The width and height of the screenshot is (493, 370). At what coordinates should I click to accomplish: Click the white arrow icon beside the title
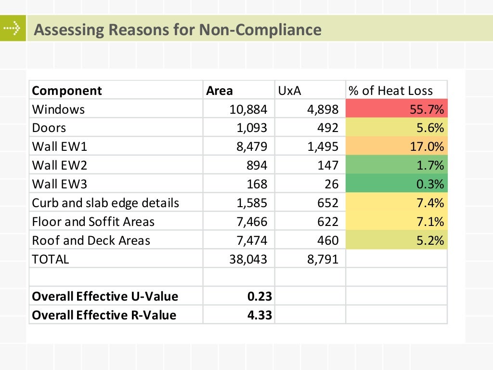tap(13, 28)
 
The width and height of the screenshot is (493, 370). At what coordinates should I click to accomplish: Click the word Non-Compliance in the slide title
tap(260, 30)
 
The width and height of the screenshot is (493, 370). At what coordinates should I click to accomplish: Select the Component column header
tap(67, 91)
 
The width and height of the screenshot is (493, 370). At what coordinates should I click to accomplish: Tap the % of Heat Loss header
tap(390, 91)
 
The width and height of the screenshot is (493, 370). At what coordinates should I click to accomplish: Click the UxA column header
tap(289, 91)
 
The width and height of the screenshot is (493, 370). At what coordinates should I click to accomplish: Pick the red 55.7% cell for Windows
tap(396, 109)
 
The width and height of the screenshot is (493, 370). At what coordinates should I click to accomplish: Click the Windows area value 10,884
tap(248, 109)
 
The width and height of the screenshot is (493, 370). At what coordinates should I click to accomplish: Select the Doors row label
tap(49, 128)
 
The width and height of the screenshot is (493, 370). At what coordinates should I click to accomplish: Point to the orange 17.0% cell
tap(396, 147)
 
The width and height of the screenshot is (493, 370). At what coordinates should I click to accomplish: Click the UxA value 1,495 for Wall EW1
tap(323, 147)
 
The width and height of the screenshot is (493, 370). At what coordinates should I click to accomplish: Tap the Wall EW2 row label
tap(59, 166)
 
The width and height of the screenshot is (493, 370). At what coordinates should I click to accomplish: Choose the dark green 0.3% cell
tap(396, 185)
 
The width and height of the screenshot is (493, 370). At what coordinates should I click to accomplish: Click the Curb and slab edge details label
tap(105, 203)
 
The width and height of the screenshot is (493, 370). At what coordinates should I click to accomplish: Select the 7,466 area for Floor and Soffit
tap(251, 222)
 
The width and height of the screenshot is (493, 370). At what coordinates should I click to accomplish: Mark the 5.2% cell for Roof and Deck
tap(396, 241)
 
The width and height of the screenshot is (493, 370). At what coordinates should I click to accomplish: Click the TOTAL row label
tap(51, 260)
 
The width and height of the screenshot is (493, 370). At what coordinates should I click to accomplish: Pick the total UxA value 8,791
tap(323, 260)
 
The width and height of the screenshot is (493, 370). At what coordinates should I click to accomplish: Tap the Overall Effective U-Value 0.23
tap(260, 297)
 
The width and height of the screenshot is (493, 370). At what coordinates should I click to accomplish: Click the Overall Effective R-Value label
tap(104, 316)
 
